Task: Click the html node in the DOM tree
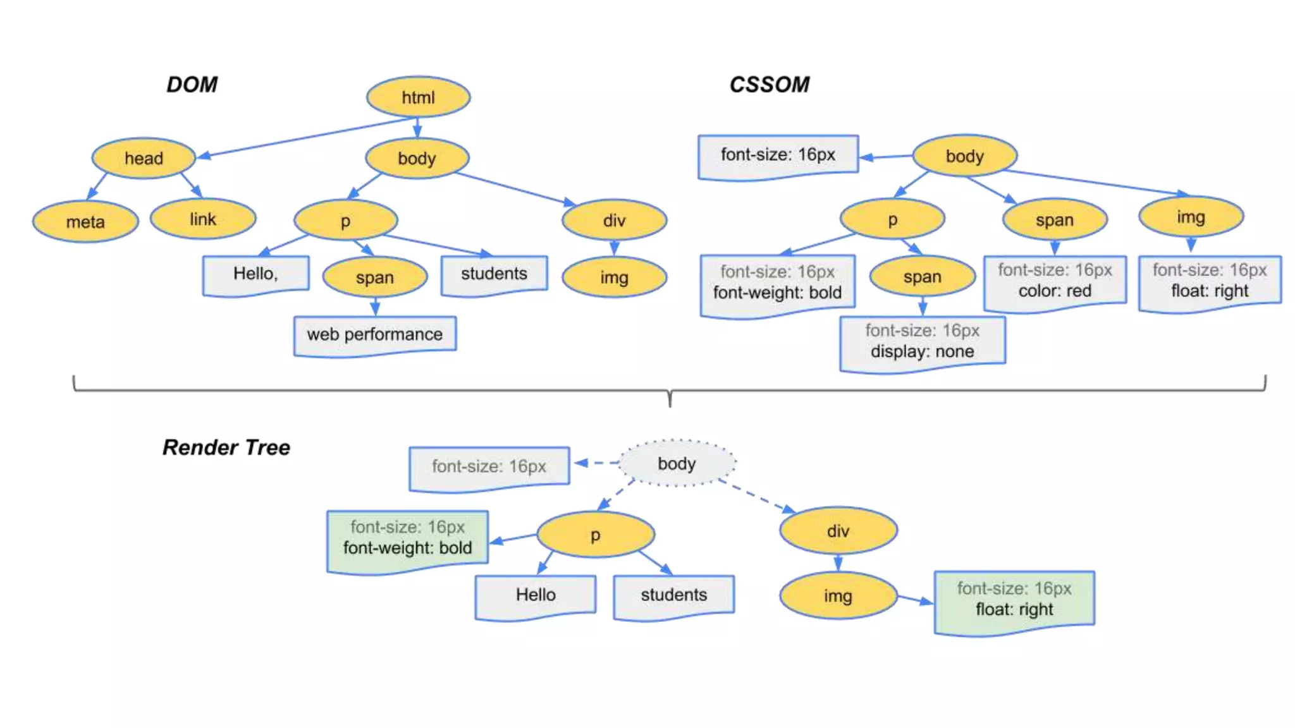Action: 418,97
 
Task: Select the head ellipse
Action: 144,158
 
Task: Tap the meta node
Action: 85,222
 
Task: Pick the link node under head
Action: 203,219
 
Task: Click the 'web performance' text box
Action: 375,334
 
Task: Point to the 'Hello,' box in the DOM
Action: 255,274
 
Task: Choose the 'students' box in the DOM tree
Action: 494,274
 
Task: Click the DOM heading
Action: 192,85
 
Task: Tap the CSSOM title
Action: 769,85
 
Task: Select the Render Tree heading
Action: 226,447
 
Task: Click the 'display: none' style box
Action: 922,342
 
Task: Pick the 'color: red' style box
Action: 1055,281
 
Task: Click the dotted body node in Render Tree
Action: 677,463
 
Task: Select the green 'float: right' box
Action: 1014,600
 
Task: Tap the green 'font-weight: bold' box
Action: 407,538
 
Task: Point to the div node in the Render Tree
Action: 838,531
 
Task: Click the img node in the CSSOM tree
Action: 1191,217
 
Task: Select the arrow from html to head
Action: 304,138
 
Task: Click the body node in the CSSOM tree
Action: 964,155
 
